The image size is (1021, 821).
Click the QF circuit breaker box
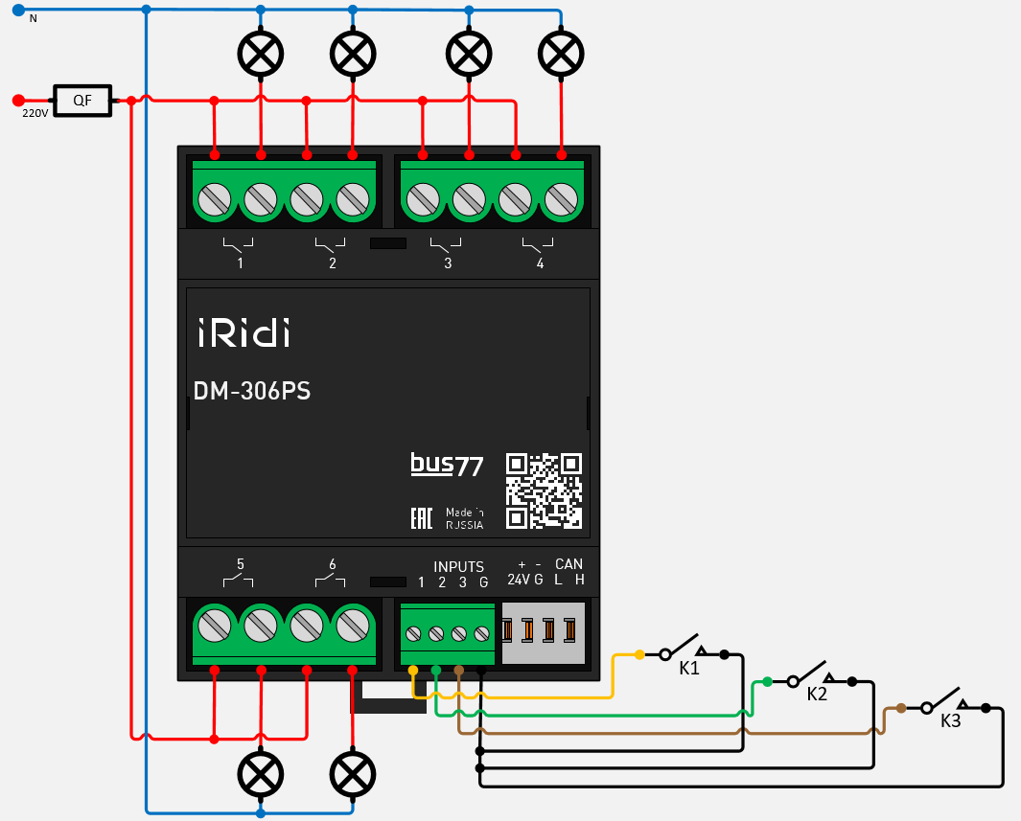(x=83, y=100)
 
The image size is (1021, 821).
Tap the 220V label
(x=35, y=113)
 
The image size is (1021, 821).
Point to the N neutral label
(x=33, y=18)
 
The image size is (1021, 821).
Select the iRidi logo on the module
(x=244, y=332)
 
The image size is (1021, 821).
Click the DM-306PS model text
(x=252, y=391)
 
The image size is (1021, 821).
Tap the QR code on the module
(x=544, y=490)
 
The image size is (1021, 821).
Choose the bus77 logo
(x=447, y=466)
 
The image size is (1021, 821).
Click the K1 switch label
(x=689, y=669)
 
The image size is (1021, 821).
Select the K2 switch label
(x=817, y=695)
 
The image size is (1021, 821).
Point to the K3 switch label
(x=950, y=721)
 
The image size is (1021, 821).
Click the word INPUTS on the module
(x=458, y=566)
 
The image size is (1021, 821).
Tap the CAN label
(x=569, y=564)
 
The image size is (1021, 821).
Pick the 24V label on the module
(x=518, y=580)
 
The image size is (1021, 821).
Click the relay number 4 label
(x=540, y=262)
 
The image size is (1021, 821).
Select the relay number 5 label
(x=240, y=563)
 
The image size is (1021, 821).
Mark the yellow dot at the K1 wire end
(x=639, y=655)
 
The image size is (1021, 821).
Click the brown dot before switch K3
(x=901, y=708)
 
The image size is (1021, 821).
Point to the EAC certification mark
(x=421, y=518)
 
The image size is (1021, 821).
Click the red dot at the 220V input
(x=17, y=100)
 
